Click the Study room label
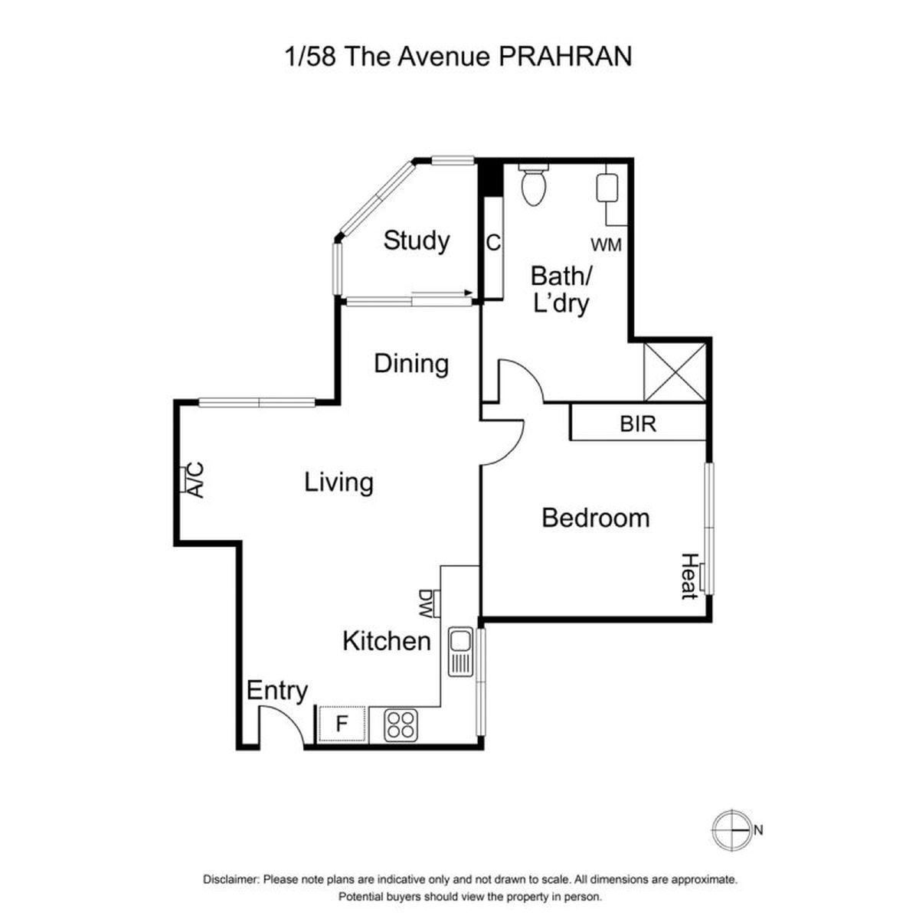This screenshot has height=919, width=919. (417, 241)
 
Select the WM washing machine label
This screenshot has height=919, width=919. (606, 244)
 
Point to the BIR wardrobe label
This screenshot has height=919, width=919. (638, 424)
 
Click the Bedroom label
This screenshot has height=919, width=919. (596, 518)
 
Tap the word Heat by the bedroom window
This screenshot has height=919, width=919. (688, 576)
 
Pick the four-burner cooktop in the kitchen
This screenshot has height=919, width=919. (401, 725)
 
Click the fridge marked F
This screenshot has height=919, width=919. (342, 724)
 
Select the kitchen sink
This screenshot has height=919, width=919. (460, 652)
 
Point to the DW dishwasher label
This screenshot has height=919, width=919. (425, 605)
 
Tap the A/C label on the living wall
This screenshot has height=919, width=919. (195, 479)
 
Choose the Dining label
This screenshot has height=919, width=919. (411, 365)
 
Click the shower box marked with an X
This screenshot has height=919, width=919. (675, 372)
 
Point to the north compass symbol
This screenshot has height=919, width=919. (731, 830)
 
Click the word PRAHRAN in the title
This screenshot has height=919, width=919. (565, 56)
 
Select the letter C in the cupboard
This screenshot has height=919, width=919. (493, 244)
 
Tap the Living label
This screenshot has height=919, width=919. (338, 482)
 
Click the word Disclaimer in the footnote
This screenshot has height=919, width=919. (231, 879)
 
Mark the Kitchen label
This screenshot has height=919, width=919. (386, 642)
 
